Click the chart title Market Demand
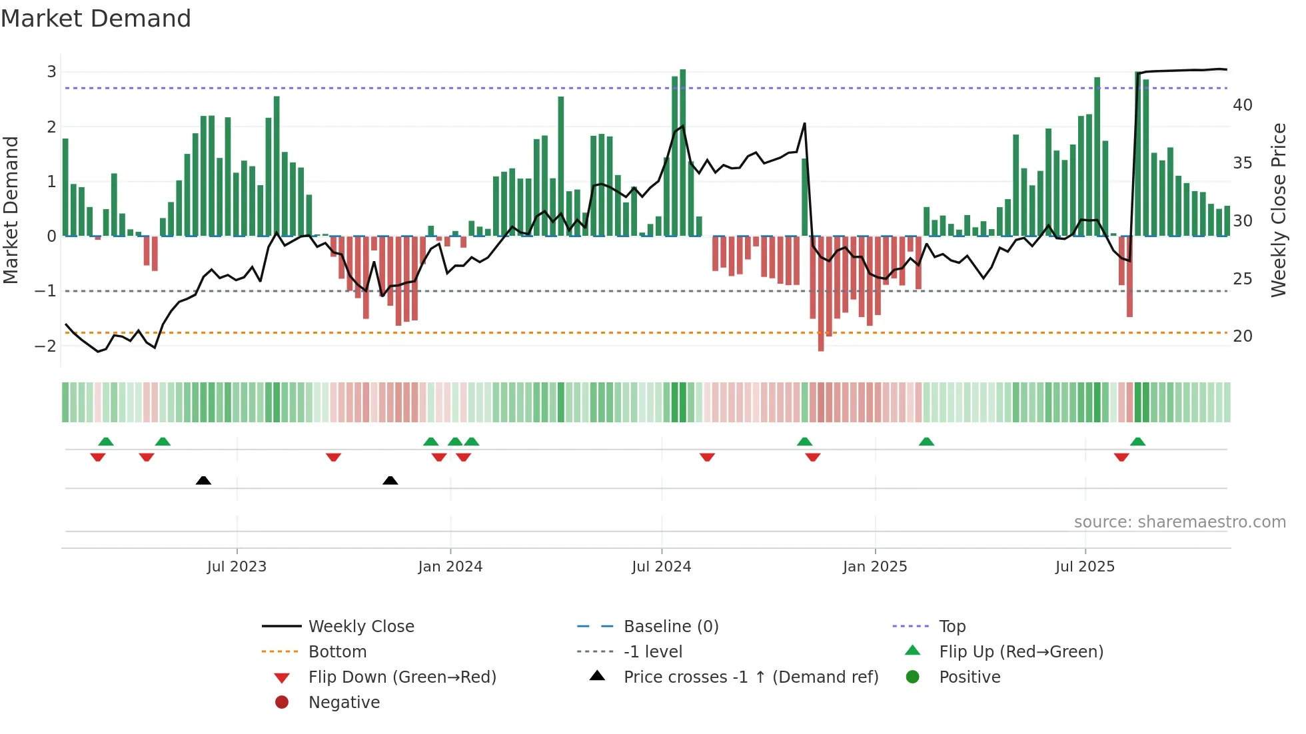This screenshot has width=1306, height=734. (x=96, y=19)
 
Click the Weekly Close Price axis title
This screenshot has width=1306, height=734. (x=1278, y=210)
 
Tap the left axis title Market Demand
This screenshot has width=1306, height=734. (x=11, y=210)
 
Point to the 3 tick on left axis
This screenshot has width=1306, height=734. (x=51, y=72)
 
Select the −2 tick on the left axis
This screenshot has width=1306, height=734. (x=46, y=346)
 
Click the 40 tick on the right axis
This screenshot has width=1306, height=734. (x=1242, y=105)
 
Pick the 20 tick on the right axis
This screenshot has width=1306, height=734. (x=1242, y=336)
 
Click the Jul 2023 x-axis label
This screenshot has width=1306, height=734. (x=237, y=567)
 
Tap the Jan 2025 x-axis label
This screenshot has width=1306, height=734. (x=874, y=567)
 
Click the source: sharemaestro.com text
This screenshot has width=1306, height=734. (x=1179, y=522)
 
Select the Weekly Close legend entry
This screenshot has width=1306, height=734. (x=360, y=627)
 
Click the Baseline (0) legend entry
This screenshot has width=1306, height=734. (x=670, y=627)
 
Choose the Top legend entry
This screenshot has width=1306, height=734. (x=952, y=627)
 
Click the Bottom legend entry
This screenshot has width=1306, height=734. (x=337, y=652)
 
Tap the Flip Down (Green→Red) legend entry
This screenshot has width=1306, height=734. (x=402, y=677)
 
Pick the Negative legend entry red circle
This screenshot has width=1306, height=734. (x=282, y=703)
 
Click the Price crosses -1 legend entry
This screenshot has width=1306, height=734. (x=750, y=677)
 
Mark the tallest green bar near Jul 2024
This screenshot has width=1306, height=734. (x=682, y=153)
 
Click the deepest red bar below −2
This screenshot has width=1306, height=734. (x=821, y=293)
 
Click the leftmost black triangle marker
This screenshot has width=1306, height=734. (x=204, y=480)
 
